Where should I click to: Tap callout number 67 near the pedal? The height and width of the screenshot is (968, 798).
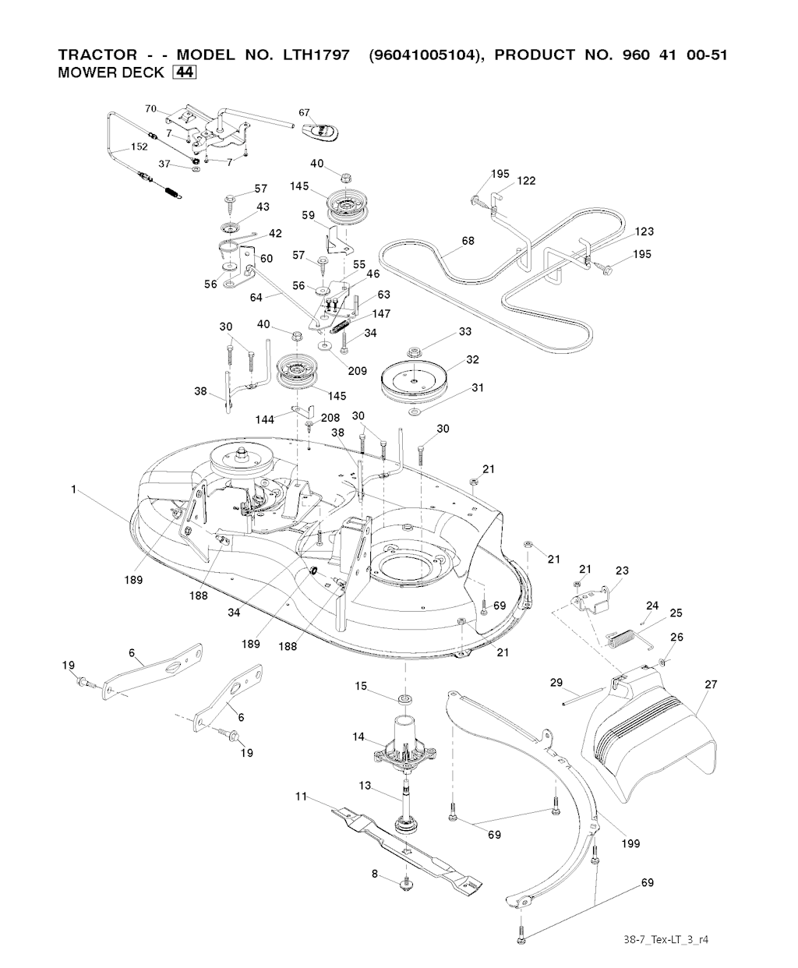[x=305, y=113]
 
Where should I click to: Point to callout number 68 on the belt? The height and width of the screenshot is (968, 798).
[x=468, y=241]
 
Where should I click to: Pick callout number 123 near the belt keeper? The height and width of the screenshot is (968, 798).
[x=644, y=231]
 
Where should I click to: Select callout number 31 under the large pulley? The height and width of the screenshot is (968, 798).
[x=478, y=388]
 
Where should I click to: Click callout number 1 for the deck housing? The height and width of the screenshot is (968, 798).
[x=73, y=489]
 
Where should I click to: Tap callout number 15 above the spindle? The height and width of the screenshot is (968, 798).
[x=361, y=686]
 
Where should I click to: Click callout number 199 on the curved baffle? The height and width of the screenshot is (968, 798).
[x=630, y=843]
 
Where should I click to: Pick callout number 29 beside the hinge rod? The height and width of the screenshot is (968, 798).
[x=556, y=683]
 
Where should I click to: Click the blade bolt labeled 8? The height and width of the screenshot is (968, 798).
[x=406, y=883]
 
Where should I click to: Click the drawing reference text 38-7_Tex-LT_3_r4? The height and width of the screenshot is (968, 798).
[x=666, y=938]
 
